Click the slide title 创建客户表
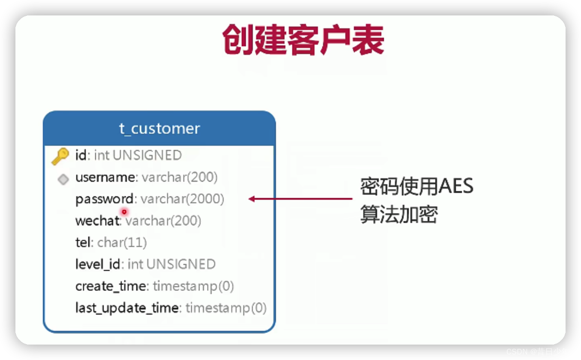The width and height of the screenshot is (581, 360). coord(303,39)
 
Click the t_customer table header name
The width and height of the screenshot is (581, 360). coord(159,129)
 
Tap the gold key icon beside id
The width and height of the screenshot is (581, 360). coord(60,156)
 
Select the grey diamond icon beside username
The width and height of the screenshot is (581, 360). coord(63,179)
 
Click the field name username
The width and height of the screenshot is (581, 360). coord(105,177)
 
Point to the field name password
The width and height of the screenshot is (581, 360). coord(104,199)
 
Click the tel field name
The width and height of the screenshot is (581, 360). coord(83,243)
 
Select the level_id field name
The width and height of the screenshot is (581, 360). coord(98,264)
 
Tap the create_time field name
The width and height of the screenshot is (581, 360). coord(111,286)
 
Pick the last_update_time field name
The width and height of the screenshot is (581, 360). coord(127,308)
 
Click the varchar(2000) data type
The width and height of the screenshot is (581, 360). coord(182,199)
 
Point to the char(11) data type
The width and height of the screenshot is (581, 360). coord(122,243)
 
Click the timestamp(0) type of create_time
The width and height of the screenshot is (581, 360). coord(193,286)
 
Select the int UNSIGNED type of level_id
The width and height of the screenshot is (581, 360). coord(171,264)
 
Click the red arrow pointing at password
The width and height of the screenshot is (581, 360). coord(300,199)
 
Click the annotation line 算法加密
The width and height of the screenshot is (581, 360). coord(399,215)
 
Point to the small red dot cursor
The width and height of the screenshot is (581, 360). coord(124,212)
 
